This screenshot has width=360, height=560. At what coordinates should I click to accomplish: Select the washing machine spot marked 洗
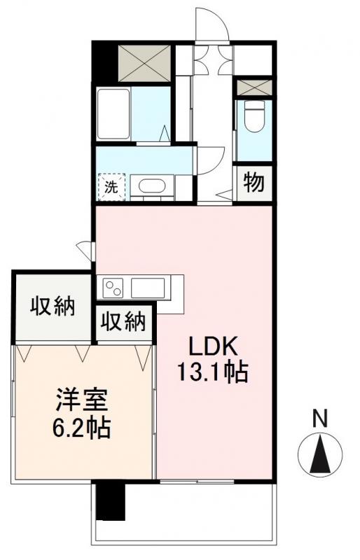click(x=111, y=187)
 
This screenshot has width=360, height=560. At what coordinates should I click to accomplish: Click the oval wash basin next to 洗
click(x=150, y=187)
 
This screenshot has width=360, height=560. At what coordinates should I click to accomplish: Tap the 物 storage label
click(x=254, y=183)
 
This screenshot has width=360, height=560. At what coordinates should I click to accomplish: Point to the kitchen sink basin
click(x=147, y=287)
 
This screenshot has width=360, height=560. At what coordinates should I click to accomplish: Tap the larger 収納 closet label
click(x=53, y=307)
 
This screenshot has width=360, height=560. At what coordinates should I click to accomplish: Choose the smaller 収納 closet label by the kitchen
click(x=125, y=322)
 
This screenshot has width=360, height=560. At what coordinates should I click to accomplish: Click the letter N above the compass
click(x=319, y=419)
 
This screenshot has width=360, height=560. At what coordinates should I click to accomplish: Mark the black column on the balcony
click(x=109, y=502)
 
